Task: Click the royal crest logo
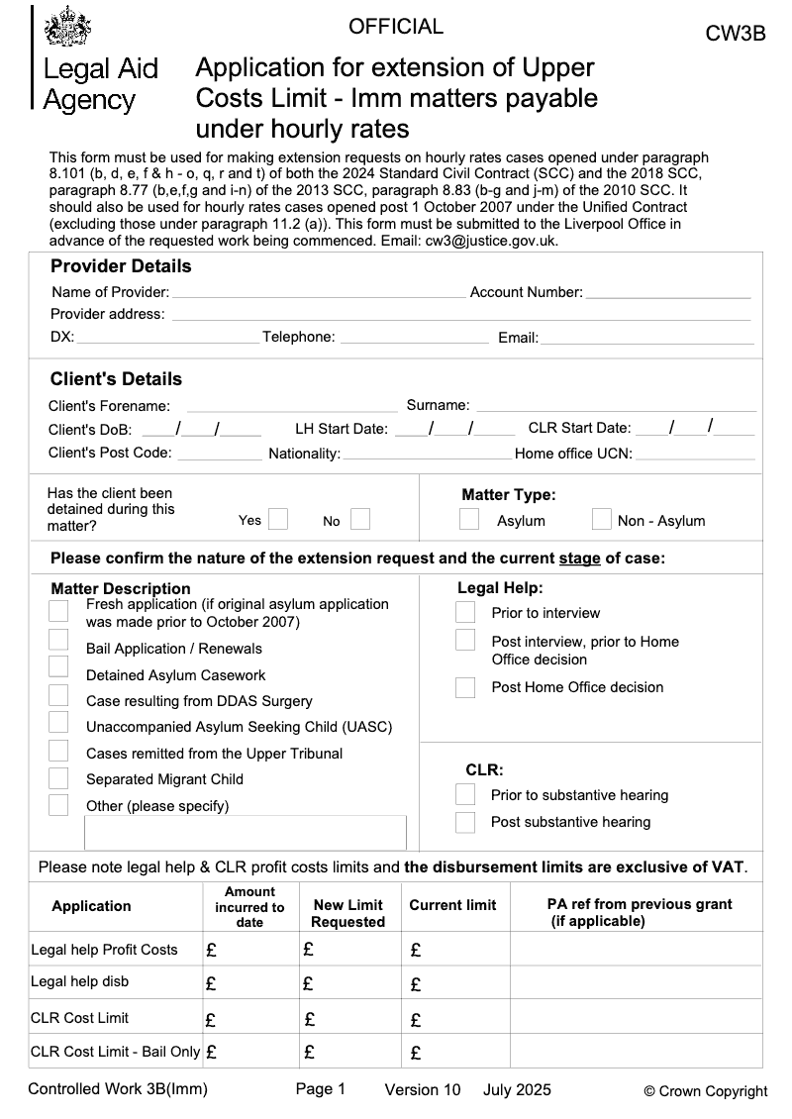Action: [x=66, y=27]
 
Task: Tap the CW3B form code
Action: [x=735, y=34]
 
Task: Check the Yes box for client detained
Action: [x=278, y=519]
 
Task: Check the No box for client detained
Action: [x=360, y=519]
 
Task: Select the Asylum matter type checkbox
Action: [x=469, y=519]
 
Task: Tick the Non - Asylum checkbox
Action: [x=601, y=519]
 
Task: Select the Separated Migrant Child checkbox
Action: [x=58, y=778]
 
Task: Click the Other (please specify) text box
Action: [x=246, y=832]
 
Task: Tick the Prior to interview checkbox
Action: [x=465, y=612]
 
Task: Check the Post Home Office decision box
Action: [x=465, y=687]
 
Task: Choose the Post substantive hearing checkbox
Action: [x=465, y=822]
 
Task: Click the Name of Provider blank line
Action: [x=319, y=294]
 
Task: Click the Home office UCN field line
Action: [x=694, y=456]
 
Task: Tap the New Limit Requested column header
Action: [x=347, y=913]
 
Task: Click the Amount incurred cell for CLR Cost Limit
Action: [x=251, y=1018]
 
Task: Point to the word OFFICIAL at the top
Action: [x=396, y=27]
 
